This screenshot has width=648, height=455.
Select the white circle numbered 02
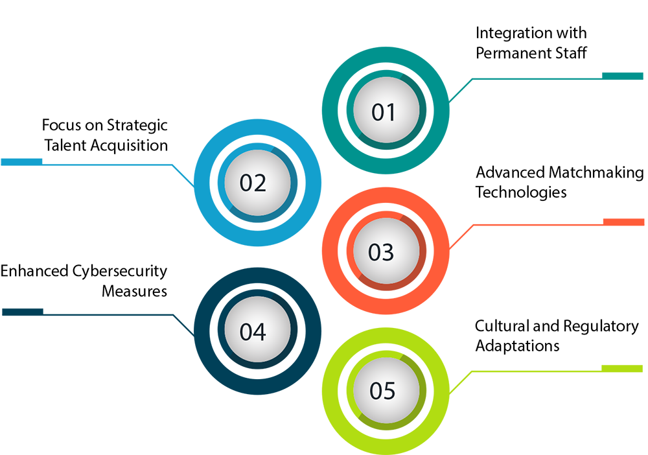(x=253, y=183)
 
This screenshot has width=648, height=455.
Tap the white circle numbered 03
(x=382, y=251)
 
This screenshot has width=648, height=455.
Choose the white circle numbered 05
(x=382, y=391)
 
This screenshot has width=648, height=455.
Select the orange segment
(x=492, y=250)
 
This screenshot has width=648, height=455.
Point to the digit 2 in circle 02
(x=260, y=184)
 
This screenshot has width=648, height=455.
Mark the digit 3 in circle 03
(x=389, y=252)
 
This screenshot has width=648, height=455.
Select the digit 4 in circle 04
(x=260, y=332)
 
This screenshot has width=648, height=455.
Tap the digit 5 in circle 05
(x=389, y=391)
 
